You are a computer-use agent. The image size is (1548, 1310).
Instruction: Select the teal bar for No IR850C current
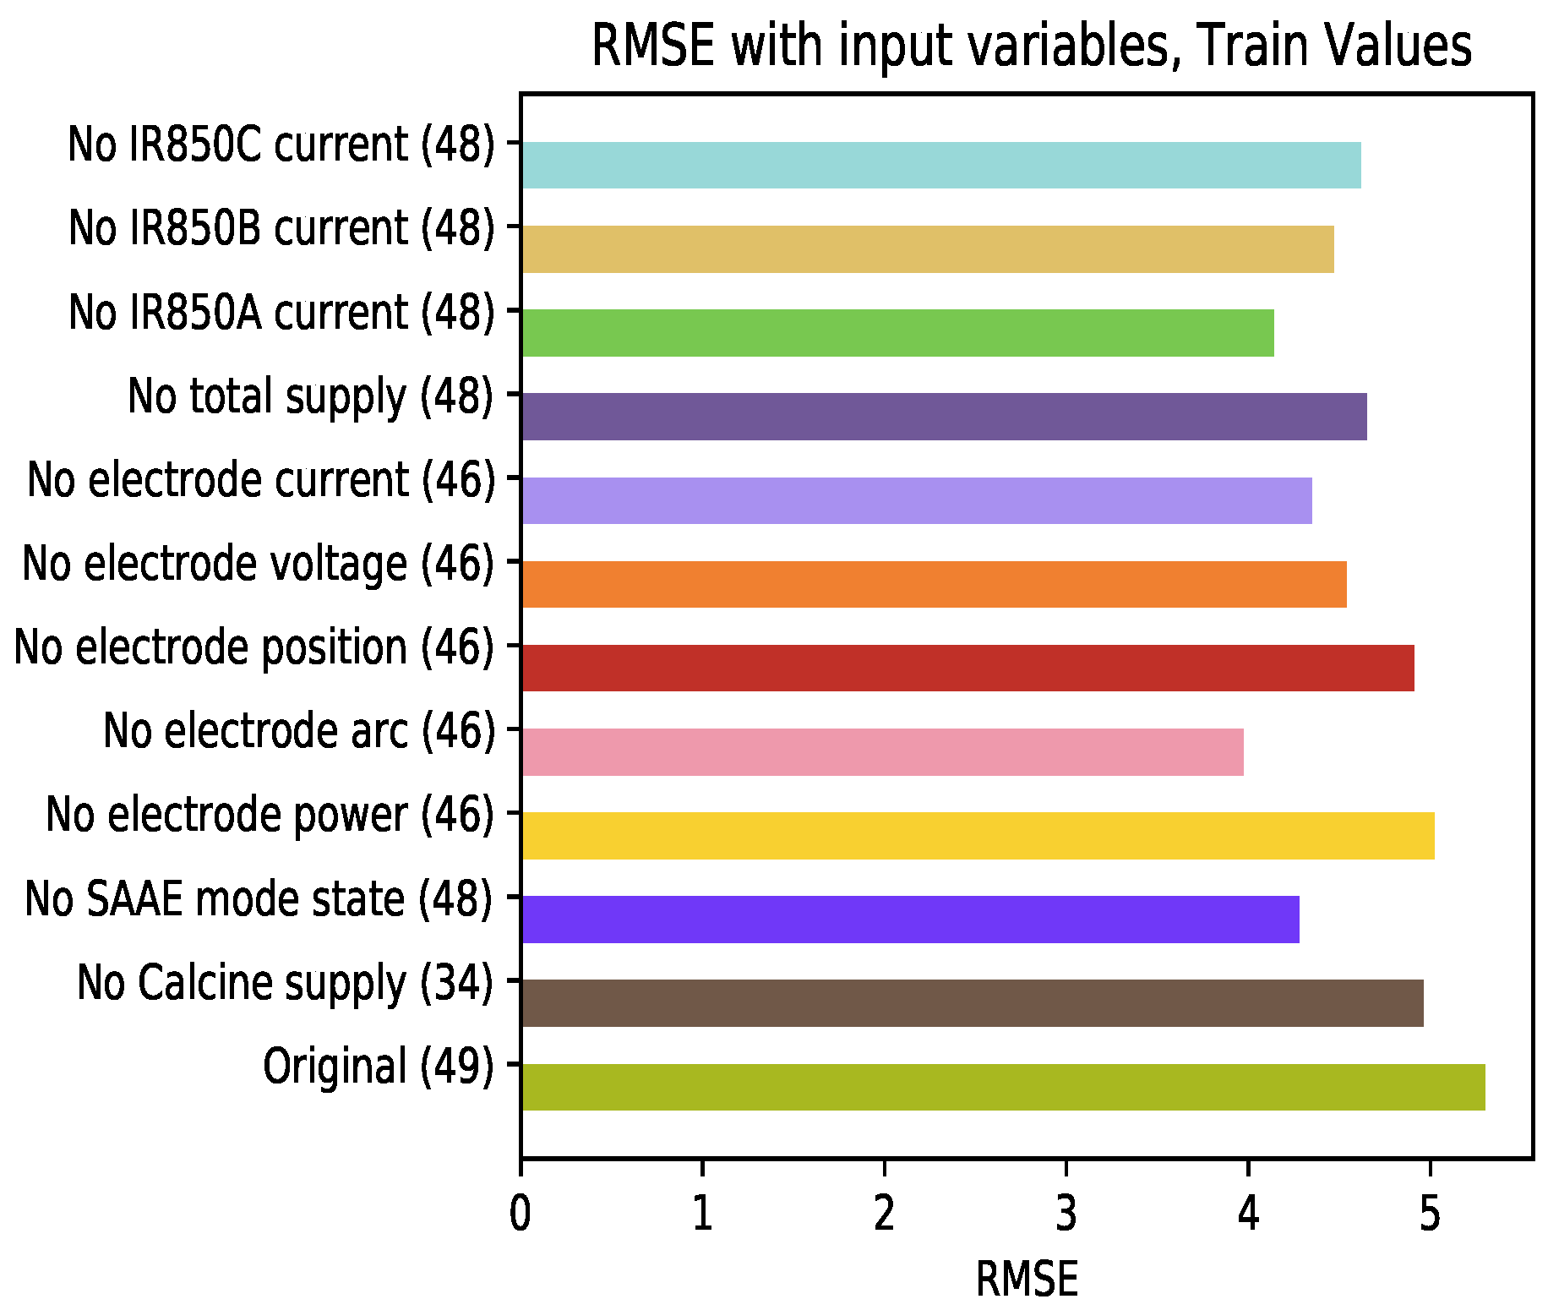(941, 165)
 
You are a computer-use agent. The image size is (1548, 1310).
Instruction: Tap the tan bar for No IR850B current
(928, 249)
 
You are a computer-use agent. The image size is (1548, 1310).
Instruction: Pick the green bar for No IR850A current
(898, 333)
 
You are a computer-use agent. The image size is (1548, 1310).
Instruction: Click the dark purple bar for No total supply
(945, 417)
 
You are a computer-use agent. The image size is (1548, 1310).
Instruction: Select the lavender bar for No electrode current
(917, 500)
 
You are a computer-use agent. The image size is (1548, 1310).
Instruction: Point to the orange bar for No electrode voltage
(935, 584)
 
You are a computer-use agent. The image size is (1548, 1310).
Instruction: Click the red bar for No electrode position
(968, 668)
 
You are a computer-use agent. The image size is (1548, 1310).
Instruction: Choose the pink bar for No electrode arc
(883, 751)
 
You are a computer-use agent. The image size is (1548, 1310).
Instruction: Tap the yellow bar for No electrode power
(978, 836)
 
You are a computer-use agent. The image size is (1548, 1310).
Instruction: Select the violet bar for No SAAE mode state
(911, 920)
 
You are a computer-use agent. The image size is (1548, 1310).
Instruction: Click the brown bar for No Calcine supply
(973, 1003)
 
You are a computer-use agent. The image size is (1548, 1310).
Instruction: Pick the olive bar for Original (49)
(1004, 1087)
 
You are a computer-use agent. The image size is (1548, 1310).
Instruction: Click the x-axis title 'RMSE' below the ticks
(1027, 1279)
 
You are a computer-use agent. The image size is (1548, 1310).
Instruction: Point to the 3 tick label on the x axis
(1066, 1214)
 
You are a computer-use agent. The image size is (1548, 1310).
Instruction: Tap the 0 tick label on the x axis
(521, 1214)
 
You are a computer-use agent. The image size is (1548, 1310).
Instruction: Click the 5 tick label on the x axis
(1430, 1214)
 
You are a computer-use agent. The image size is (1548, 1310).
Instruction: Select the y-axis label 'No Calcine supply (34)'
(286, 983)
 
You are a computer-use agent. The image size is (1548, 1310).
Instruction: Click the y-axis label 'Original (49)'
(379, 1067)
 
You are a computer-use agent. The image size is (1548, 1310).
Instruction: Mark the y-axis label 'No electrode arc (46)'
(299, 731)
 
